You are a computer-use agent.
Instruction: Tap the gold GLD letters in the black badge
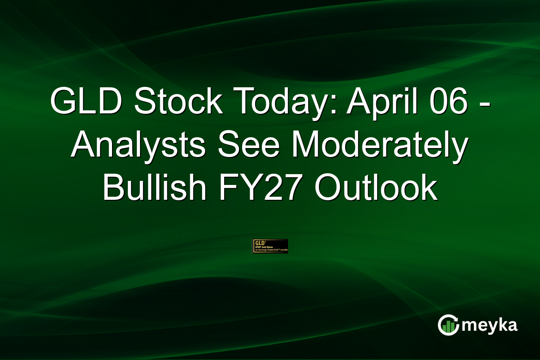pyautogui.click(x=259, y=242)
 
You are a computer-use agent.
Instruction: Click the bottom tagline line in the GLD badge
pyautogui.click(x=270, y=250)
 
